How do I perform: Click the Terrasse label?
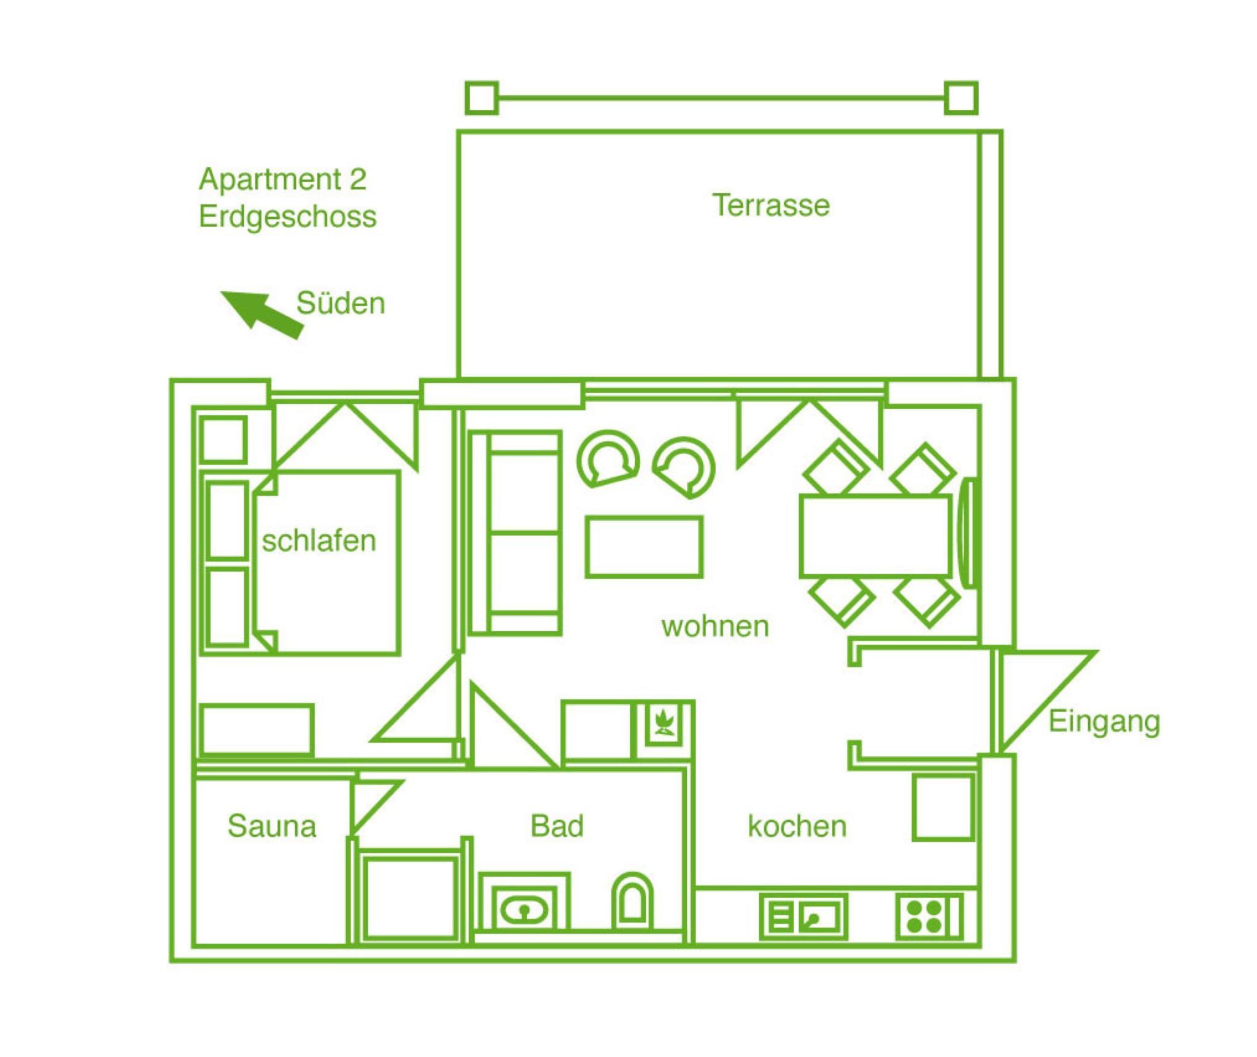(770, 205)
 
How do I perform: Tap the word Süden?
(341, 303)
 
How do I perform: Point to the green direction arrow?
(262, 313)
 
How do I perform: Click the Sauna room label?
(272, 826)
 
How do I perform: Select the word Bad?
(557, 826)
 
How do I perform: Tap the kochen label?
(797, 826)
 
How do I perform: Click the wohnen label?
(715, 626)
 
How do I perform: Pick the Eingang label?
(1104, 723)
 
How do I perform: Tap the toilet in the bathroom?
(632, 902)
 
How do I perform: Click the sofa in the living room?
(515, 533)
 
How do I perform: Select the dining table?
(875, 537)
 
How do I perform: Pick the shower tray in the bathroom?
(409, 897)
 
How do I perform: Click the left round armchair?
(608, 458)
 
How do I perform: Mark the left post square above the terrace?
(482, 98)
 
